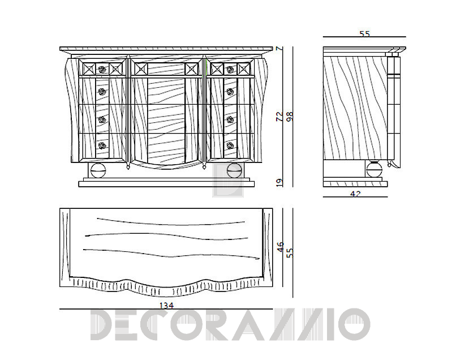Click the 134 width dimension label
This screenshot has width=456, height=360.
167,306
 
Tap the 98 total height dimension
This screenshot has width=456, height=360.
290,117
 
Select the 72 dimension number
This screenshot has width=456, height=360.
279,117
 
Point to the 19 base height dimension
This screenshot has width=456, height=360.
279,182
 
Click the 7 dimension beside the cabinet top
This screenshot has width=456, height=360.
279,48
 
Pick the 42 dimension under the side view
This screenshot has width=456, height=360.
355,193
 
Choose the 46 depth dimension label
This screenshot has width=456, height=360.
281,247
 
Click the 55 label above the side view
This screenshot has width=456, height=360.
364,34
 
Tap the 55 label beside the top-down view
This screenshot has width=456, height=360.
290,252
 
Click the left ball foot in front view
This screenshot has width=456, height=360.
98,170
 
